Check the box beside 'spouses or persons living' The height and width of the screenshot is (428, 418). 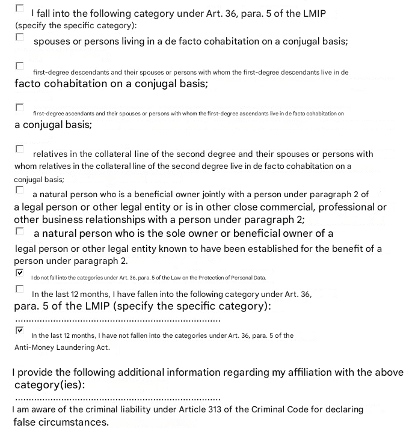(20, 37)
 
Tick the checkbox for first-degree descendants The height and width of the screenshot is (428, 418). (20, 66)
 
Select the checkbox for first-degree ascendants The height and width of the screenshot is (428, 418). (20, 108)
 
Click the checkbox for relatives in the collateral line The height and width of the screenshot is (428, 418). (20, 148)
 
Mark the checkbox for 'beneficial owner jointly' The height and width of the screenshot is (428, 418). (20, 190)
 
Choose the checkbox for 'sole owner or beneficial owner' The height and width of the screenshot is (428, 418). (20, 231)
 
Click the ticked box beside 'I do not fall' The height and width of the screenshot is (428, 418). (20, 272)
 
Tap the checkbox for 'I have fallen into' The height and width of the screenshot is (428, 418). (20, 289)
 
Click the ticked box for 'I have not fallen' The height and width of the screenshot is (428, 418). (20, 330)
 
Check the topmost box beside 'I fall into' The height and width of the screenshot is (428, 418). (20, 8)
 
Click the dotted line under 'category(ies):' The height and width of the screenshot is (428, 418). (117, 399)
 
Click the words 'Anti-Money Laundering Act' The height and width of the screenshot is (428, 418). (62, 347)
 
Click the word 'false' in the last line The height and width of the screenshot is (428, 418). (25, 422)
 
